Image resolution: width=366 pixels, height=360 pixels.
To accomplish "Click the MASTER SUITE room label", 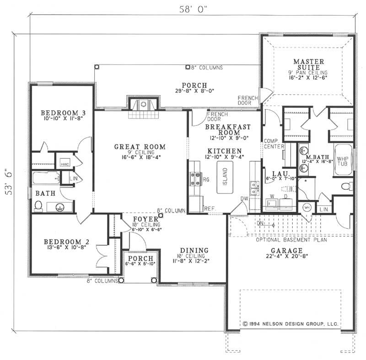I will click(309, 64).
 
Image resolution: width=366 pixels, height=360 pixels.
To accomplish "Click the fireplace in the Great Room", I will click(144, 105).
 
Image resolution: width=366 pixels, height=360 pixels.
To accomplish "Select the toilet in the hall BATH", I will click(39, 206).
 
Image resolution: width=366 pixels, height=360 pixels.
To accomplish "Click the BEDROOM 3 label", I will click(63, 113).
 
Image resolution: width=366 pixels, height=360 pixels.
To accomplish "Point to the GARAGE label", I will click(286, 251).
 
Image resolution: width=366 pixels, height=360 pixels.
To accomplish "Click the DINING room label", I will click(194, 250).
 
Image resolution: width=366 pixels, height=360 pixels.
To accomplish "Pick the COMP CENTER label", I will click(273, 144).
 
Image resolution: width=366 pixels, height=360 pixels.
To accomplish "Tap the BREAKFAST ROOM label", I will click(224, 129).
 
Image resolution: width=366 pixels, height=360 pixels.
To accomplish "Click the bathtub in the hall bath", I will click(46, 178).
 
